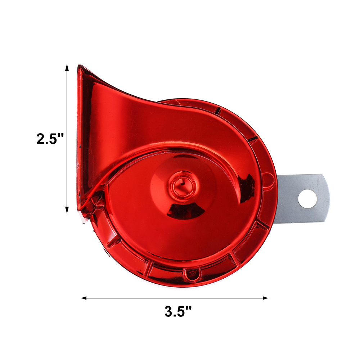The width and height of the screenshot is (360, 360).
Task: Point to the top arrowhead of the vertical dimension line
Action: tap(67, 67)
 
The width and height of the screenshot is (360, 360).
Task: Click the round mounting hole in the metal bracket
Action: tap(308, 199)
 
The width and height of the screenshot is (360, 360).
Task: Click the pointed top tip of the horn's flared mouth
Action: tap(80, 66)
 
